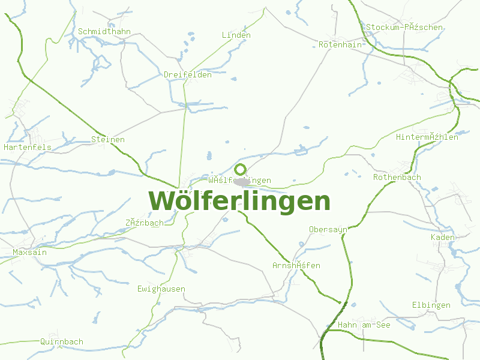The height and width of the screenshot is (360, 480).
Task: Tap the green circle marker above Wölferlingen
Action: pyautogui.click(x=240, y=169)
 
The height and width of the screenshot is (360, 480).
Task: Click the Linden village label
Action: pyautogui.click(x=236, y=35)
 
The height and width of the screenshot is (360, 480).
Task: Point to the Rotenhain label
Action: pyautogui.click(x=340, y=44)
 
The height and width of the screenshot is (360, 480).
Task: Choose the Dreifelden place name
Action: pyautogui.click(x=188, y=75)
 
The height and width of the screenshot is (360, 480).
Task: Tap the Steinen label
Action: pyautogui.click(x=108, y=140)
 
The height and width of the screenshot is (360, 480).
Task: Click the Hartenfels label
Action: pyautogui.click(x=28, y=147)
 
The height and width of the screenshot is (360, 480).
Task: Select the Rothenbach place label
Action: pyautogui.click(x=397, y=177)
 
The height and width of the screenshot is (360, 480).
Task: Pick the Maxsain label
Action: pyautogui.click(x=30, y=253)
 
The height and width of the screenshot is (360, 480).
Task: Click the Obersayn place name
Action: pyautogui.click(x=328, y=229)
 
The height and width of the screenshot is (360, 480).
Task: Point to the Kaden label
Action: pyautogui.click(x=443, y=237)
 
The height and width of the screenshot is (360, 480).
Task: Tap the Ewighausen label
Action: pyautogui.click(x=161, y=289)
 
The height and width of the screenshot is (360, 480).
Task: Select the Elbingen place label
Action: pyautogui.click(x=431, y=305)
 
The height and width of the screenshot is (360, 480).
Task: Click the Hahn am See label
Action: pyautogui.click(x=364, y=325)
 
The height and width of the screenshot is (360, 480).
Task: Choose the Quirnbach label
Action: pyautogui.click(x=62, y=341)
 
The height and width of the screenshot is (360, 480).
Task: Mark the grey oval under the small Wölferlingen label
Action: pyautogui.click(x=242, y=182)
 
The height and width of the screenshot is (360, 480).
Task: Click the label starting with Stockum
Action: pyautogui.click(x=404, y=27)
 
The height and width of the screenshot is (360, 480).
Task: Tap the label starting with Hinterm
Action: pyautogui.click(x=427, y=137)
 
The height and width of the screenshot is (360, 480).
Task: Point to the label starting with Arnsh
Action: pyautogui.click(x=296, y=265)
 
